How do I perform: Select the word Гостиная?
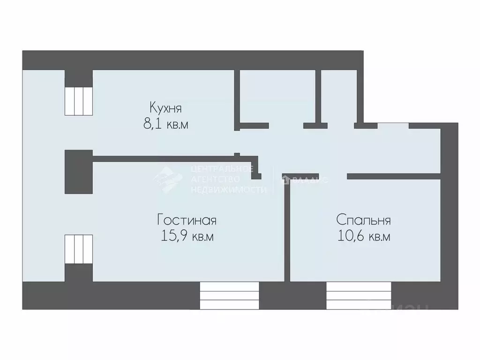pyautogui.click(x=187, y=220)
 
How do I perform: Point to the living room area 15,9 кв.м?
pyautogui.click(x=187, y=237)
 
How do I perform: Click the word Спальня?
pyautogui.click(x=363, y=220)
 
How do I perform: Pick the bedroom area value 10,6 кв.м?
pyautogui.click(x=363, y=237)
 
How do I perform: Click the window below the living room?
pyautogui.click(x=229, y=295)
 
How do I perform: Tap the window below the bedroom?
pyautogui.click(x=359, y=295)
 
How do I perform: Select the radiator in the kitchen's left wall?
pyautogui.click(x=78, y=101)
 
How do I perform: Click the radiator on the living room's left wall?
pyautogui.click(x=78, y=249)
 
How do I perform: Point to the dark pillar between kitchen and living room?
pyautogui.click(x=78, y=172)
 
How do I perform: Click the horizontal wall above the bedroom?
pyautogui.click(x=394, y=176)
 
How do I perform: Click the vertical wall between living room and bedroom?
pyautogui.click(x=287, y=230)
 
